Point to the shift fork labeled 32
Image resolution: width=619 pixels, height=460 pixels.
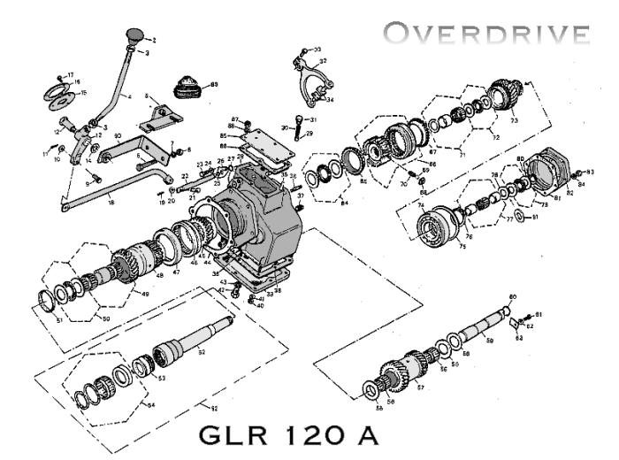coord(309,84)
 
